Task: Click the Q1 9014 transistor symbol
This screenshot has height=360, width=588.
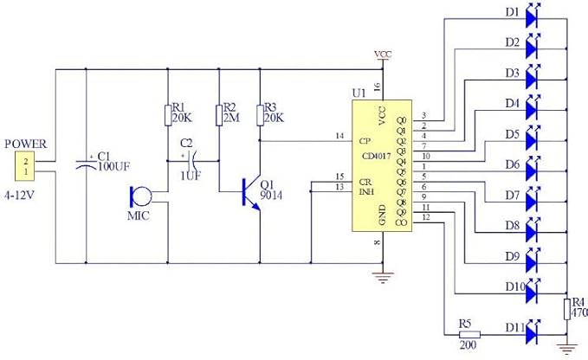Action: pos(251,192)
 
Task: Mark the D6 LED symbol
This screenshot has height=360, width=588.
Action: pos(532,164)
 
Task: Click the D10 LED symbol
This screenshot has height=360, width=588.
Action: pos(532,287)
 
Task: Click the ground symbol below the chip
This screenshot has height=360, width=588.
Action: pos(382,278)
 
